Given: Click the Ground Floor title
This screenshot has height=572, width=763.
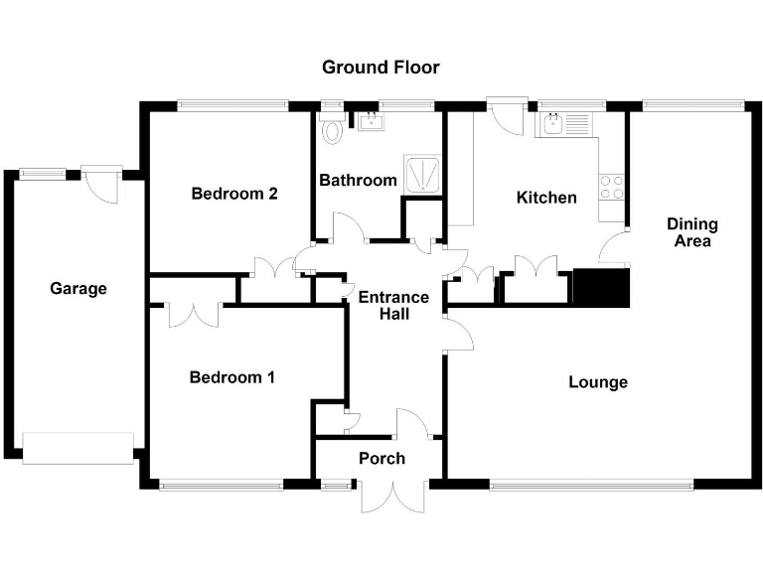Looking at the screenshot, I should (381, 68).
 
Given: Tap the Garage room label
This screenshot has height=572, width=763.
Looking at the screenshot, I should (77, 289).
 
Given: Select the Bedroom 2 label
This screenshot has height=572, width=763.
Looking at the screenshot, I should (233, 194).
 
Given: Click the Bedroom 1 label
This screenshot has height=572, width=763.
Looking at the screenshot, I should (232, 377).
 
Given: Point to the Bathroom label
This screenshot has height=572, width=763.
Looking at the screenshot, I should (358, 180).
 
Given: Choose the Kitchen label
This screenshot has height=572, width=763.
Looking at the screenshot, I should (546, 198).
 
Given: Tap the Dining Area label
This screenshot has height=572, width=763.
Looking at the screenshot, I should (691, 232).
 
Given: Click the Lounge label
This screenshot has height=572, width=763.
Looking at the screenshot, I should (598, 381).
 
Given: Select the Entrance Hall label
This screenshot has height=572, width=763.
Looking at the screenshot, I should (393, 305).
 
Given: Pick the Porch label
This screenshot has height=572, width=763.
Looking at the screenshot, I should (381, 458).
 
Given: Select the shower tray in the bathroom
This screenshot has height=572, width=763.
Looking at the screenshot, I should (422, 173).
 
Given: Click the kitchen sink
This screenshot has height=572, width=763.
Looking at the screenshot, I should (553, 124).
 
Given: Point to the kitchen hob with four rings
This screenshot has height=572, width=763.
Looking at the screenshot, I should (612, 187).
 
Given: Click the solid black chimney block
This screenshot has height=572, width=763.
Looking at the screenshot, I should (602, 288).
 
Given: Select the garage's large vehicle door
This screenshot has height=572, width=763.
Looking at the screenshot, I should (77, 448).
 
